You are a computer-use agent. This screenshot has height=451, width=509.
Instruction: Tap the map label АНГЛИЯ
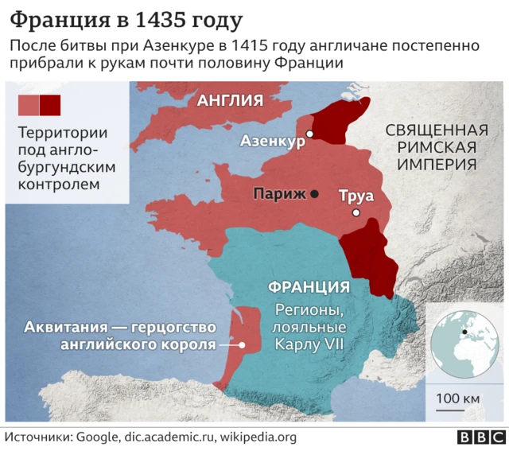pyautogui.click(x=230, y=100)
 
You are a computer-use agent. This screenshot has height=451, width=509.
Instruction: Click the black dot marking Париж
pyautogui.click(x=315, y=193)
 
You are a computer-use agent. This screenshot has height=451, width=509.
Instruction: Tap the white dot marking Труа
pyautogui.click(x=357, y=212)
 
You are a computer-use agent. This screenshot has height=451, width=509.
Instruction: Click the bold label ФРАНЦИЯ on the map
pyautogui.click(x=309, y=287)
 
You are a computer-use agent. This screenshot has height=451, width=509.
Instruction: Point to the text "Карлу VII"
pyautogui.click(x=309, y=344)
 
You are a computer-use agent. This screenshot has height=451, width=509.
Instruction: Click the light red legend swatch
pyautogui.click(x=28, y=104)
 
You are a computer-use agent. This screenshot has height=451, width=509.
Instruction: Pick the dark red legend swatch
pyautogui.click(x=50, y=104)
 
